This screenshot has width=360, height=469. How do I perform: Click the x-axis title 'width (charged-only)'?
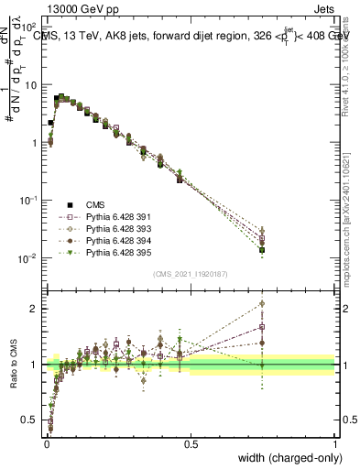click(x=286, y=458)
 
